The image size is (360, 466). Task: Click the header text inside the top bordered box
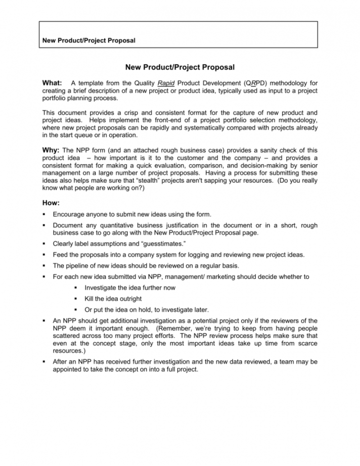click(89, 40)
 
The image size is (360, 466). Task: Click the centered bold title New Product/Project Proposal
click(179, 67)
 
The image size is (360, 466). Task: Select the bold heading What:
click(52, 83)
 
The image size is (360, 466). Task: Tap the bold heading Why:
click(51, 150)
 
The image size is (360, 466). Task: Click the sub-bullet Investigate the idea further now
click(130, 287)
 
